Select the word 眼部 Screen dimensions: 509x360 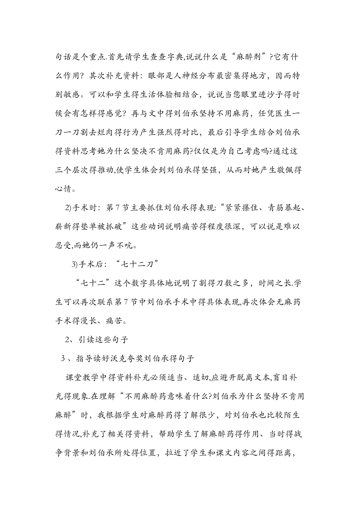click(x=153, y=76)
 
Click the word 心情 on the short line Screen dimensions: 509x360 click(x=65, y=189)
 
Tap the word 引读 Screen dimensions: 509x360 click(x=87, y=340)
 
